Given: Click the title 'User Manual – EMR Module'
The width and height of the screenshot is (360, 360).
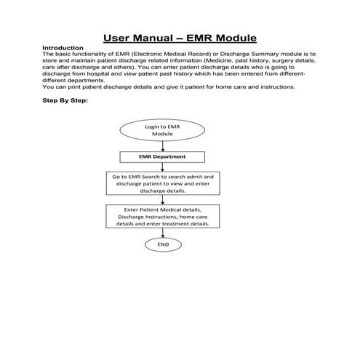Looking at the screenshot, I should coord(180,38).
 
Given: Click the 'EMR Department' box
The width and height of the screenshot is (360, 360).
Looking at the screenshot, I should coord(163,156).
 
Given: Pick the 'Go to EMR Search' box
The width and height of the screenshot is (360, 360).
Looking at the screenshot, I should coord(163,183).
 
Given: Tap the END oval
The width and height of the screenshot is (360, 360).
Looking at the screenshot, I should coord(163,245).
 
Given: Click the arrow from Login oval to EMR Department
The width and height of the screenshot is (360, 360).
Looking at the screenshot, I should coord(163,147).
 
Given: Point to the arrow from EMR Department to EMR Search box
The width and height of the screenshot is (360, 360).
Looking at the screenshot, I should coord(163,167).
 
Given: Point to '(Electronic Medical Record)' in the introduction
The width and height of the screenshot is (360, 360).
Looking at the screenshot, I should coord(160,55).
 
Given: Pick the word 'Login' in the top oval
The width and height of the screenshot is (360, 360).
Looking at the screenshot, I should coord(153,126).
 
